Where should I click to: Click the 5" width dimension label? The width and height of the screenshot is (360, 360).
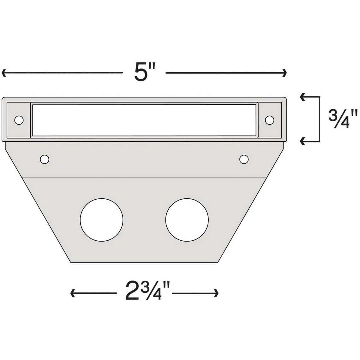[144, 73]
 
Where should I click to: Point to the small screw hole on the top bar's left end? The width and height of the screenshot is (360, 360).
[19, 120]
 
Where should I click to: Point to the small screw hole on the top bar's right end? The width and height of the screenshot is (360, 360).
[269, 120]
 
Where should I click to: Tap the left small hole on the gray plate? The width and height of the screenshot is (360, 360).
[45, 159]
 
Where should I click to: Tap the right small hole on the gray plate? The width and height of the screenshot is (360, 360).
[243, 159]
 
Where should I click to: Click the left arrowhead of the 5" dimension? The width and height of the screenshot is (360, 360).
[3, 73]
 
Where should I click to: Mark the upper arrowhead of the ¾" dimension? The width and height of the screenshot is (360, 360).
[302, 97]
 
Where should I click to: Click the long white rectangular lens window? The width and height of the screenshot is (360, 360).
[144, 120]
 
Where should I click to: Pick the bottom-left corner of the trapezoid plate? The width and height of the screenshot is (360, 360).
[71, 262]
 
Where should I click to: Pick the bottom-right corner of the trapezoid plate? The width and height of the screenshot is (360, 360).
[218, 262]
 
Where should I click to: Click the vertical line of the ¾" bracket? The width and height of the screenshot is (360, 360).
[320, 119]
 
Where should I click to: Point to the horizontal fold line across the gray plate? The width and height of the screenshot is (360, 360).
[144, 178]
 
